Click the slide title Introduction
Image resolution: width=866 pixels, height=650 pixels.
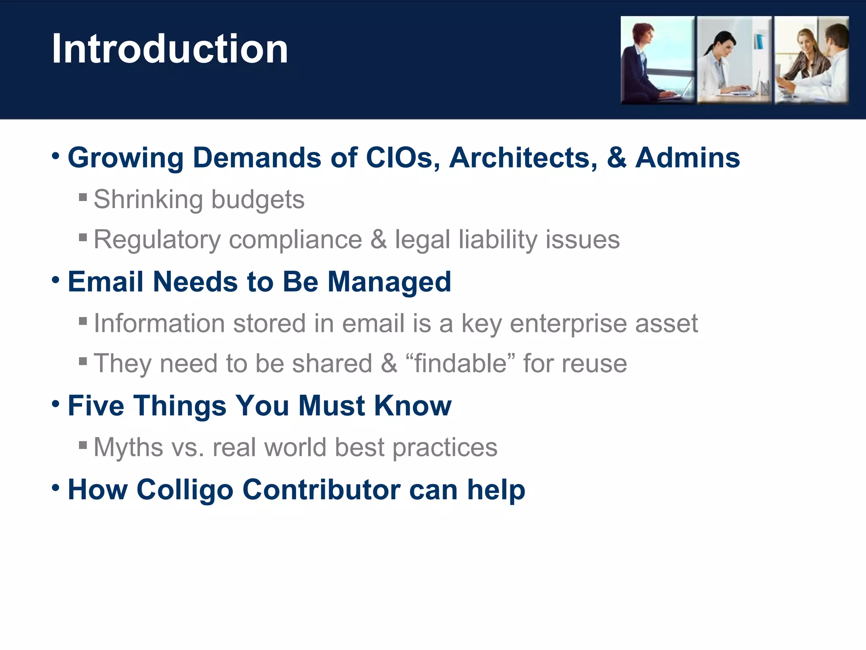[x=170, y=49]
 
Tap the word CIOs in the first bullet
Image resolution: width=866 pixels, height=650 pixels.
[x=402, y=158]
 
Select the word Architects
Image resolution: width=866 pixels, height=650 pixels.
[x=523, y=158]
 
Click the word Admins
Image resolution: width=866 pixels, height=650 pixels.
[x=688, y=158]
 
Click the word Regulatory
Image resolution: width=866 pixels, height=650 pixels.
[x=157, y=240]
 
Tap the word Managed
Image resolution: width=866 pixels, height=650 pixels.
[x=389, y=282]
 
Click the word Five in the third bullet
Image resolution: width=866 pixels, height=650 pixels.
[x=96, y=405]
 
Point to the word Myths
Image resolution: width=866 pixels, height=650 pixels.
[x=128, y=447]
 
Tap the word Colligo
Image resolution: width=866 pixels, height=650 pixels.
[x=185, y=490]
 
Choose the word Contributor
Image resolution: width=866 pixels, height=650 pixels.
[x=321, y=490]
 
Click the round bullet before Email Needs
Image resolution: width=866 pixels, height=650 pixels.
[x=55, y=280]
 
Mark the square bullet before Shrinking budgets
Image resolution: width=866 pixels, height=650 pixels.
[x=83, y=197]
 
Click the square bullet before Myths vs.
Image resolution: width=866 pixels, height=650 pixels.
[x=83, y=445]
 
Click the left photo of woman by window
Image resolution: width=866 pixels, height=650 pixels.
[x=657, y=60]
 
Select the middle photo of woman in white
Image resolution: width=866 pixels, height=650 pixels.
[x=734, y=60]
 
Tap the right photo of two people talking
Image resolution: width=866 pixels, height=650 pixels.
[x=811, y=60]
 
